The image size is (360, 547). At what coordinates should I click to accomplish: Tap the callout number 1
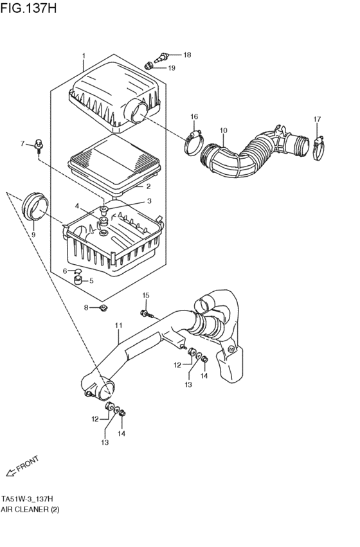(x=83, y=56)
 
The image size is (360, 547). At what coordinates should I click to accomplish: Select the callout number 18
(x=187, y=55)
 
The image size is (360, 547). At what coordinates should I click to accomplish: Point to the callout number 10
(x=223, y=131)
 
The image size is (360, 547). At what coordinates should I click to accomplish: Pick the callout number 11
(x=118, y=326)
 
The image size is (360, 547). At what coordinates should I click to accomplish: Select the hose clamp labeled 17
(x=317, y=147)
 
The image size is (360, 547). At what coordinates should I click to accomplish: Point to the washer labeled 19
(x=149, y=65)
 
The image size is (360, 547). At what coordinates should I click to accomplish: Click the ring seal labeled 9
(x=36, y=205)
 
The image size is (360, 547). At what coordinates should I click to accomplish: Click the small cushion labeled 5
(x=78, y=279)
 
